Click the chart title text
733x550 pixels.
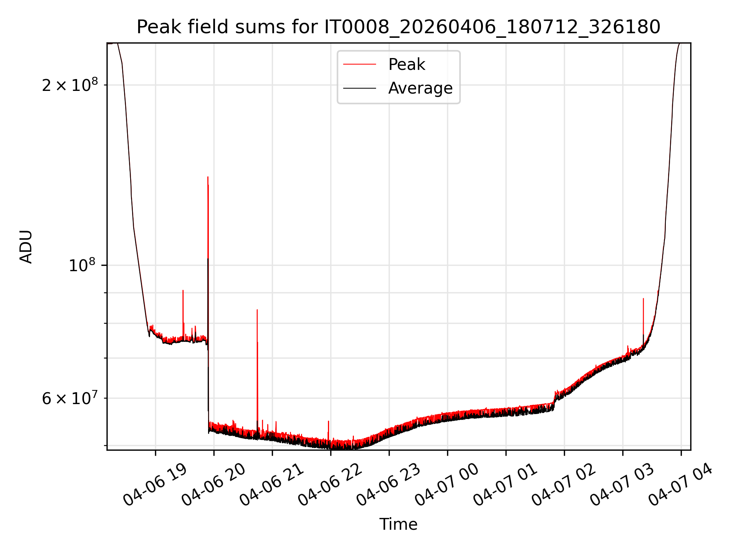(398, 27)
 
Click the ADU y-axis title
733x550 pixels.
(26, 247)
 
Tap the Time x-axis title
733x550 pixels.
(398, 524)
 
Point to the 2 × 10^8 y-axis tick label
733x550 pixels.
(70, 84)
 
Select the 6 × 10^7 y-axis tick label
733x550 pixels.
(70, 398)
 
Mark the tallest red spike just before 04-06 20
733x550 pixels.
(208, 177)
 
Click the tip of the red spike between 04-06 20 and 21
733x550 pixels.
(257, 310)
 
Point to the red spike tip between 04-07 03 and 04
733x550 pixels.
(643, 299)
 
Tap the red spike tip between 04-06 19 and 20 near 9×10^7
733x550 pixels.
(183, 291)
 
